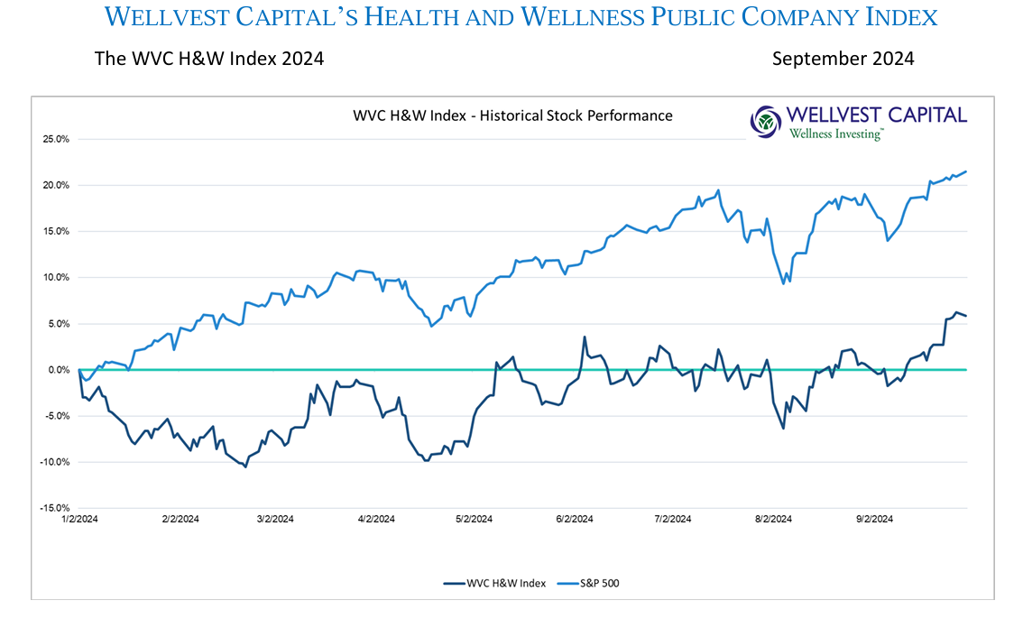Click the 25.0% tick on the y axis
[57, 139]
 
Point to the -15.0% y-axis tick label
[55, 508]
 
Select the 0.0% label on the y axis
[59, 370]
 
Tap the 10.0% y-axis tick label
[57, 277]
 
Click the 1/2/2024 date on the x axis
[80, 519]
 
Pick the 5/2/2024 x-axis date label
[474, 519]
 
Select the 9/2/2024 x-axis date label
[873, 519]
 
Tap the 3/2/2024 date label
[275, 519]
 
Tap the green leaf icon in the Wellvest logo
[766, 121]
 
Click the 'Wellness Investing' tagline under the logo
[836, 134]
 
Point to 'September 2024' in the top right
[843, 60]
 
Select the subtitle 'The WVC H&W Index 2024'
[208, 60]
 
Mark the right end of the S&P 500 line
[966, 171]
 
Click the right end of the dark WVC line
[966, 316]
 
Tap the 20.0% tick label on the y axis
[57, 185]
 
